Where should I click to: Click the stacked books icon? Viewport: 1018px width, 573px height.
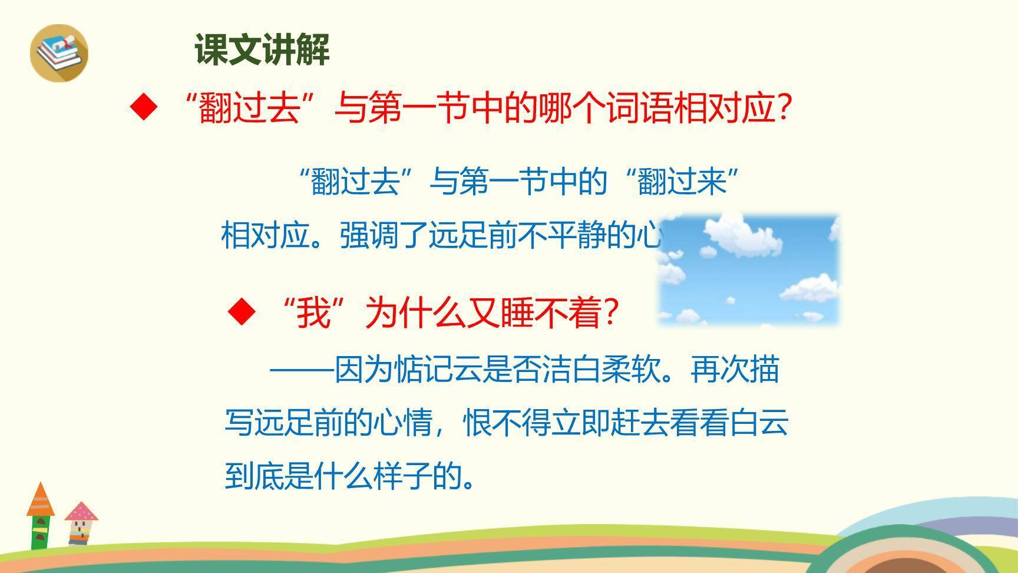59,52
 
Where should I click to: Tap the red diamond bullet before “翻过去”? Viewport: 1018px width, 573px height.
144,107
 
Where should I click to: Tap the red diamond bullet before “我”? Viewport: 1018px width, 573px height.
242,312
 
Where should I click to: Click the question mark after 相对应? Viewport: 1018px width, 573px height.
784,108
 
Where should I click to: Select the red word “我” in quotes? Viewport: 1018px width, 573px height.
313,313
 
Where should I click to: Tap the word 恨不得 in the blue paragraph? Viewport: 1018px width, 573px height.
507,423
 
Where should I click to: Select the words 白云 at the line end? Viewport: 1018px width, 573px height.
759,423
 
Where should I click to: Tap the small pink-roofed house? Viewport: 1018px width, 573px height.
80,522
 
